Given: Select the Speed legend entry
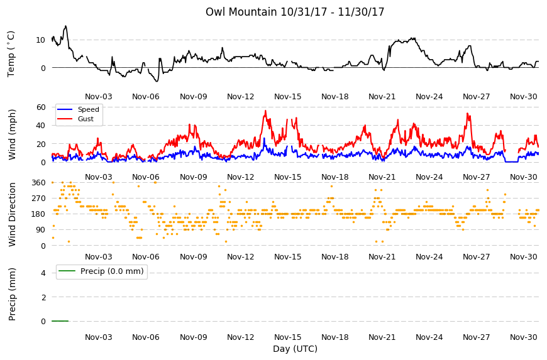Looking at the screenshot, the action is tap(79, 109).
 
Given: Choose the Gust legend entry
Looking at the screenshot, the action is tap(76, 119).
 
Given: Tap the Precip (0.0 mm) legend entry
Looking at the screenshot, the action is tap(101, 271).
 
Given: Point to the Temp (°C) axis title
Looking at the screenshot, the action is tap(11, 53).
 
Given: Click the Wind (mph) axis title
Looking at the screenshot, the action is tap(12, 134).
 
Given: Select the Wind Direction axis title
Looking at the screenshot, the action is tap(12, 214).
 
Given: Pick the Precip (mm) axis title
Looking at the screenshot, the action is tap(12, 294).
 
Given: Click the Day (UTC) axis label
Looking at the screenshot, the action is tap(295, 349).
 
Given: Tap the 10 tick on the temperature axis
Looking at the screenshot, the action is tap(40, 40).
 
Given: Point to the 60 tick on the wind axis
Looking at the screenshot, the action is tap(41, 107).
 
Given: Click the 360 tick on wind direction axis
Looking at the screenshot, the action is tap(38, 183).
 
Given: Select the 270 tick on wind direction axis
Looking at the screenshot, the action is tap(38, 199).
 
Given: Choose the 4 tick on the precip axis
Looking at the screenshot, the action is tap(43, 273).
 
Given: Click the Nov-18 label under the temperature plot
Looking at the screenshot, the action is tap(334, 97).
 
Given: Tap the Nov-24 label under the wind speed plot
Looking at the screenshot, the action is tap(429, 177).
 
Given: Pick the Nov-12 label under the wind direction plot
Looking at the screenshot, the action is tap(240, 257).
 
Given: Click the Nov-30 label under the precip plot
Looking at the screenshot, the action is tap(523, 337).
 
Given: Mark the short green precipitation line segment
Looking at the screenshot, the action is tap(60, 321).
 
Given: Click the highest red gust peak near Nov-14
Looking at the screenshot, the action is tap(265, 111).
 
